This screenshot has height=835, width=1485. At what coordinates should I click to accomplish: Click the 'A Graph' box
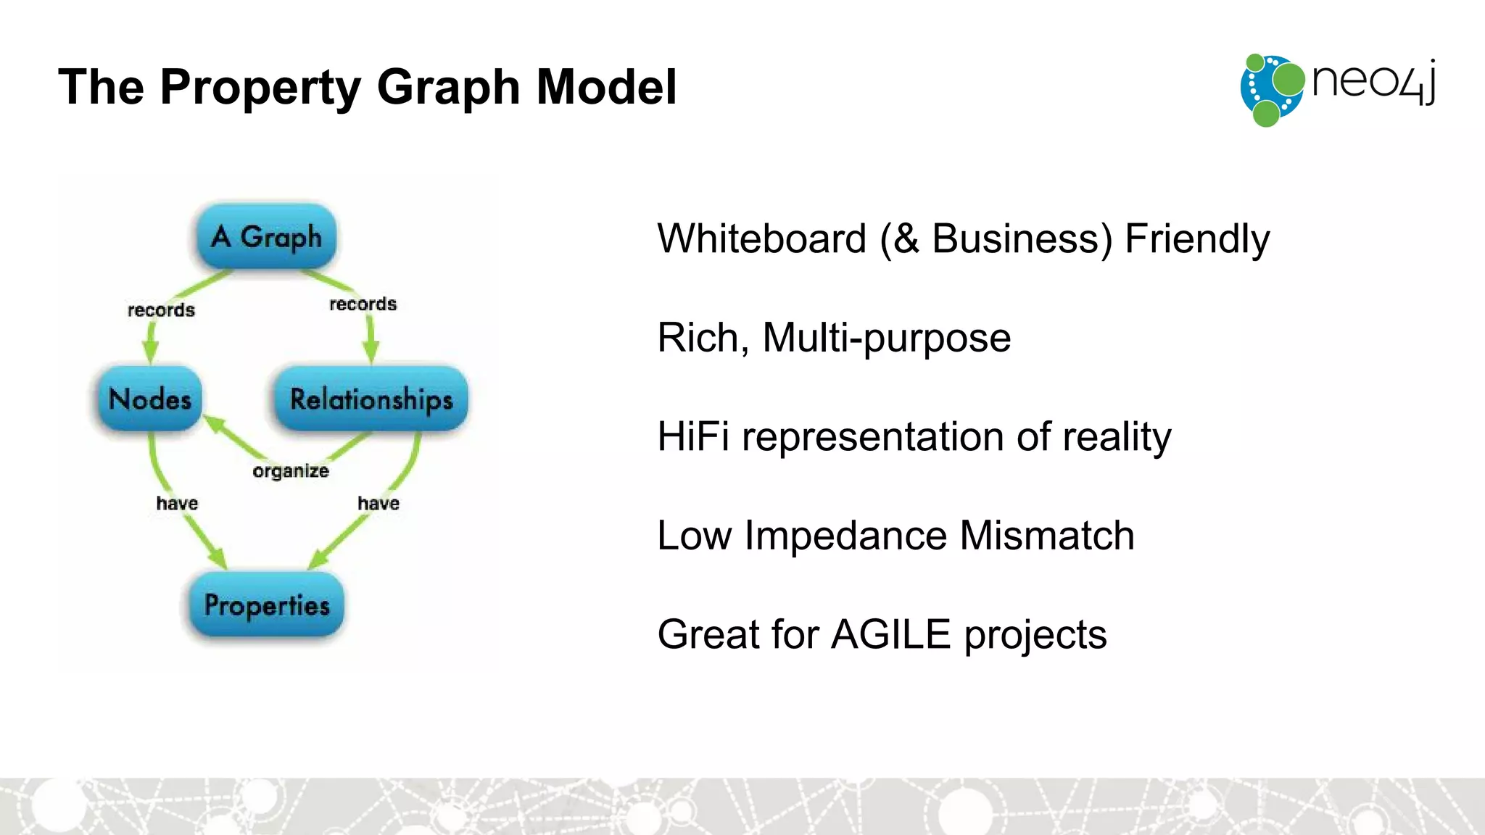pos(266,237)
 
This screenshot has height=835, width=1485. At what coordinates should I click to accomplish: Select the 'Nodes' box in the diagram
pos(150,399)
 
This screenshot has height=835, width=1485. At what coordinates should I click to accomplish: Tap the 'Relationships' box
pos(371,399)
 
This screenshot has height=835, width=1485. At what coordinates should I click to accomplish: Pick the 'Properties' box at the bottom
pos(267,605)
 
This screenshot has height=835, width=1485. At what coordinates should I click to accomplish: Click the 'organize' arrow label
pos(290,471)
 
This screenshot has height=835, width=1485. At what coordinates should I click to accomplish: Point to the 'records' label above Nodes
pos(161,310)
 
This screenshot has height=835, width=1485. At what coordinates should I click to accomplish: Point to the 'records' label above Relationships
pos(363,304)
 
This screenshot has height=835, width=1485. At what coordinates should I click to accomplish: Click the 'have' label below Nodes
pos(177,503)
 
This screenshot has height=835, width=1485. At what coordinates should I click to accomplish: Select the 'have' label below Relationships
pos(379,503)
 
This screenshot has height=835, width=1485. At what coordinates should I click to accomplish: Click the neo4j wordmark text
pos(1373,81)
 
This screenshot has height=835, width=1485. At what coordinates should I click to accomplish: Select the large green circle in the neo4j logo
pos(1288,79)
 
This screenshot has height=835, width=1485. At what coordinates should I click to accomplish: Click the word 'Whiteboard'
pos(761,238)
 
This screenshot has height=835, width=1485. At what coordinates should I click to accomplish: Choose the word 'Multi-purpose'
pos(886,338)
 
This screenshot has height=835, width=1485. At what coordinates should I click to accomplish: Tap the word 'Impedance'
pos(845,536)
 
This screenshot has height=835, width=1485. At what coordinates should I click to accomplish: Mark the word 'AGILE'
pos(890,634)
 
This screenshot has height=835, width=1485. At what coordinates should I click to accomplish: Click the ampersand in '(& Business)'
pos(906,239)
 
